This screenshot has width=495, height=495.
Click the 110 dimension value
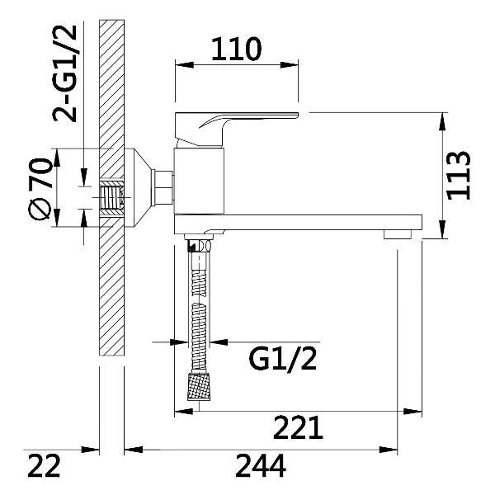(236, 49)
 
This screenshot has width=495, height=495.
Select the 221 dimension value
(298, 427)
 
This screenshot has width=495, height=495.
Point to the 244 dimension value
(261, 465)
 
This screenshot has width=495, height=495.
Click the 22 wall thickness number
(44, 465)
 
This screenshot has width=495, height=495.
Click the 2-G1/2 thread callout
(65, 73)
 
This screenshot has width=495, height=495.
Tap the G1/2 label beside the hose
(282, 358)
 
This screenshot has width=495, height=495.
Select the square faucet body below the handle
(199, 181)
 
